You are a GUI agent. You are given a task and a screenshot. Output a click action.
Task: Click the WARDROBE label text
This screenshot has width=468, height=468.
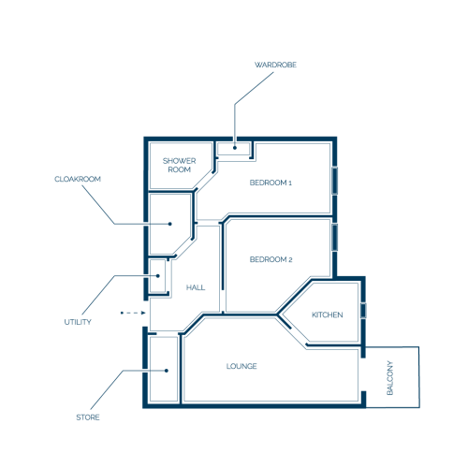(x=275, y=65)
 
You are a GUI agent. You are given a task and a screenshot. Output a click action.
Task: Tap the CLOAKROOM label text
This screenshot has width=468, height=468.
(x=78, y=179)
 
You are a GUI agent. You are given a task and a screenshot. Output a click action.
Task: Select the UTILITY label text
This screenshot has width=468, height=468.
(x=78, y=322)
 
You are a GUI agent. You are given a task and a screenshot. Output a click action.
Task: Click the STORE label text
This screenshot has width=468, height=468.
(x=88, y=417)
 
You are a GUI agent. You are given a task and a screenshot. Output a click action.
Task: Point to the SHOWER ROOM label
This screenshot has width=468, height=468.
(x=180, y=166)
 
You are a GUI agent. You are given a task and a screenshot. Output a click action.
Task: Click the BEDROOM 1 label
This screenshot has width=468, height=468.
(x=271, y=183)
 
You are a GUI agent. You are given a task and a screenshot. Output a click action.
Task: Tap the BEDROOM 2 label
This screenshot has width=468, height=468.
(x=271, y=259)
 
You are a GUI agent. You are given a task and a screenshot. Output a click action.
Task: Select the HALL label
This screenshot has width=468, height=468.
(x=196, y=287)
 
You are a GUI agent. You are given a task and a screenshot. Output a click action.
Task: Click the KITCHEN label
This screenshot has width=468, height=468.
(x=328, y=314)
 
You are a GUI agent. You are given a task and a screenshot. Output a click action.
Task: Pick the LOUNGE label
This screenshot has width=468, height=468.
(x=241, y=366)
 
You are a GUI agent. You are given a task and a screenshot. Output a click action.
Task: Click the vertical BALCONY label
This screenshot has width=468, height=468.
(x=390, y=378)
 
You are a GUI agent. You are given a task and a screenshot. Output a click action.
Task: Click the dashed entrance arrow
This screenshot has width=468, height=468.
(x=133, y=313)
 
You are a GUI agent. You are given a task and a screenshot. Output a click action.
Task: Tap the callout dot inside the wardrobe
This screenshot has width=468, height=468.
(x=235, y=148)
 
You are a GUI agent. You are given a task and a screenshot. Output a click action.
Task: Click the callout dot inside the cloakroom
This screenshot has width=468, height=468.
(x=170, y=224)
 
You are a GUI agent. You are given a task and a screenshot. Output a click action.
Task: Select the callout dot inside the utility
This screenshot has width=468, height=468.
(x=158, y=276)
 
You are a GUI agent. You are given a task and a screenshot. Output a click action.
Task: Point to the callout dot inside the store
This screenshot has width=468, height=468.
(x=167, y=371)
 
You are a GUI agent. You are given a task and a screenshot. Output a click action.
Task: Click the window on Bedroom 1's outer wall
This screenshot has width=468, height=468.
(x=334, y=181)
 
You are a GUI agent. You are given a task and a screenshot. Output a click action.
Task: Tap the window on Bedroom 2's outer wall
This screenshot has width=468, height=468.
(x=334, y=238)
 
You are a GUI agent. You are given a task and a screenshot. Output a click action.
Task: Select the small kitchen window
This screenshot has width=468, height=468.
(x=363, y=311)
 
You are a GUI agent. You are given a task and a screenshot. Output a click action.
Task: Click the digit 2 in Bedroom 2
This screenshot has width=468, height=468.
(x=290, y=260)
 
